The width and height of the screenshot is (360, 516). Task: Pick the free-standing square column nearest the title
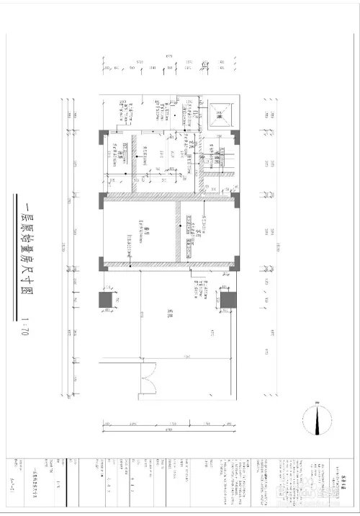pos(105,299)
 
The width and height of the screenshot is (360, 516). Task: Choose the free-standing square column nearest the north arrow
pos(230,299)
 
